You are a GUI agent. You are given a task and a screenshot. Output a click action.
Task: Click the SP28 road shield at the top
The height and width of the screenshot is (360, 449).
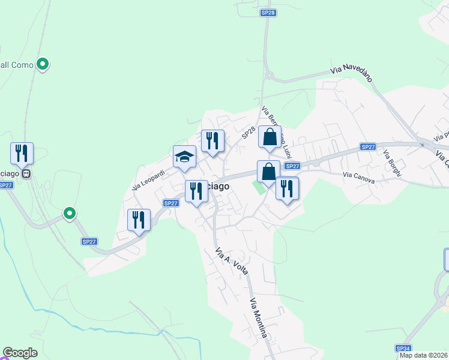click(x=268, y=12)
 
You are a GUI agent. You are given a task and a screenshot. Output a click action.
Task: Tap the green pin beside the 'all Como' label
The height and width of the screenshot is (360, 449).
click(x=43, y=63)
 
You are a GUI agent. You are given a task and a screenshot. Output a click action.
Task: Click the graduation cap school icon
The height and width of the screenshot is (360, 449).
click(x=185, y=157)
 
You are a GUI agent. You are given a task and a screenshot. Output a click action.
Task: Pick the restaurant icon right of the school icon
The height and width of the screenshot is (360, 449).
click(x=212, y=141)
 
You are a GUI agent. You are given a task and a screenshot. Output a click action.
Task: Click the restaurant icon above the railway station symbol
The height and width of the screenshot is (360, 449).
click(x=22, y=153)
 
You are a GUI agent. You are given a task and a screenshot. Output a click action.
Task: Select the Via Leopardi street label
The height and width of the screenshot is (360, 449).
click(x=148, y=180)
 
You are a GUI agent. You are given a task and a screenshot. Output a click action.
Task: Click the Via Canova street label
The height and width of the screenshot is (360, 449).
click(x=359, y=176)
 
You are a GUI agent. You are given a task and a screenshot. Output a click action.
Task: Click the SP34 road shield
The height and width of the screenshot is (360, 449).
click(x=403, y=348)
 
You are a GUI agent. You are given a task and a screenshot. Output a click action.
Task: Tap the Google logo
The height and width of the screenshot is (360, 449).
click(x=20, y=353)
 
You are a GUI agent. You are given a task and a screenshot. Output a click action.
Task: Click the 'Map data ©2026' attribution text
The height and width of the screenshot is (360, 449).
click(x=423, y=355)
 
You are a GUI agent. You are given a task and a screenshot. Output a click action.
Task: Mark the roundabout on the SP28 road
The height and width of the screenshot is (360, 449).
click(x=269, y=76)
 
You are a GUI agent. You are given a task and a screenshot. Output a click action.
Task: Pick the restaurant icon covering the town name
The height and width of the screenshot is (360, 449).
click(x=196, y=191)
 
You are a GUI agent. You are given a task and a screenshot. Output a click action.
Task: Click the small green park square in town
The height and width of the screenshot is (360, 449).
click(x=257, y=187)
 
